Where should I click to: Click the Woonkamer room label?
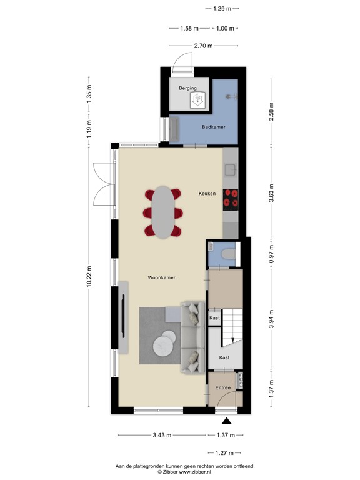(161, 277)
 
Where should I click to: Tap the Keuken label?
(207, 194)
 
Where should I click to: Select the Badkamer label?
(213, 127)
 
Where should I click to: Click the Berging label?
(187, 88)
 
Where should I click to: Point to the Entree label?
(223, 388)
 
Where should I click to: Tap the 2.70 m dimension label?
(203, 46)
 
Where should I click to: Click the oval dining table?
(164, 212)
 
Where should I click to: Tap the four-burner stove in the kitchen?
(232, 197)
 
